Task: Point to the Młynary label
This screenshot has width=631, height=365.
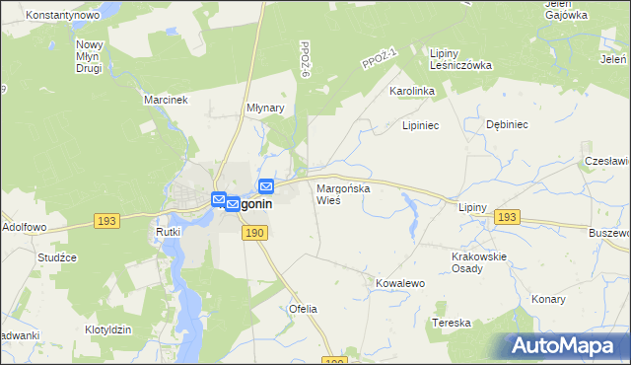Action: (265, 109)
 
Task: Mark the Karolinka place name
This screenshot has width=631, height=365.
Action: (412, 91)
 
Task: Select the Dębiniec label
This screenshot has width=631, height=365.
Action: (509, 125)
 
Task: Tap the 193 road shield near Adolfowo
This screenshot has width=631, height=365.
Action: (107, 221)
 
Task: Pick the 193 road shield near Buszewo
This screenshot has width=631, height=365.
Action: (507, 217)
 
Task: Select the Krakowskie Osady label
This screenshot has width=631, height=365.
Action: (478, 262)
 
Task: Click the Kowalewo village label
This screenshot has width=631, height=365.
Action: (399, 283)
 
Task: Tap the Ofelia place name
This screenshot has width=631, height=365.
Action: (303, 309)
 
